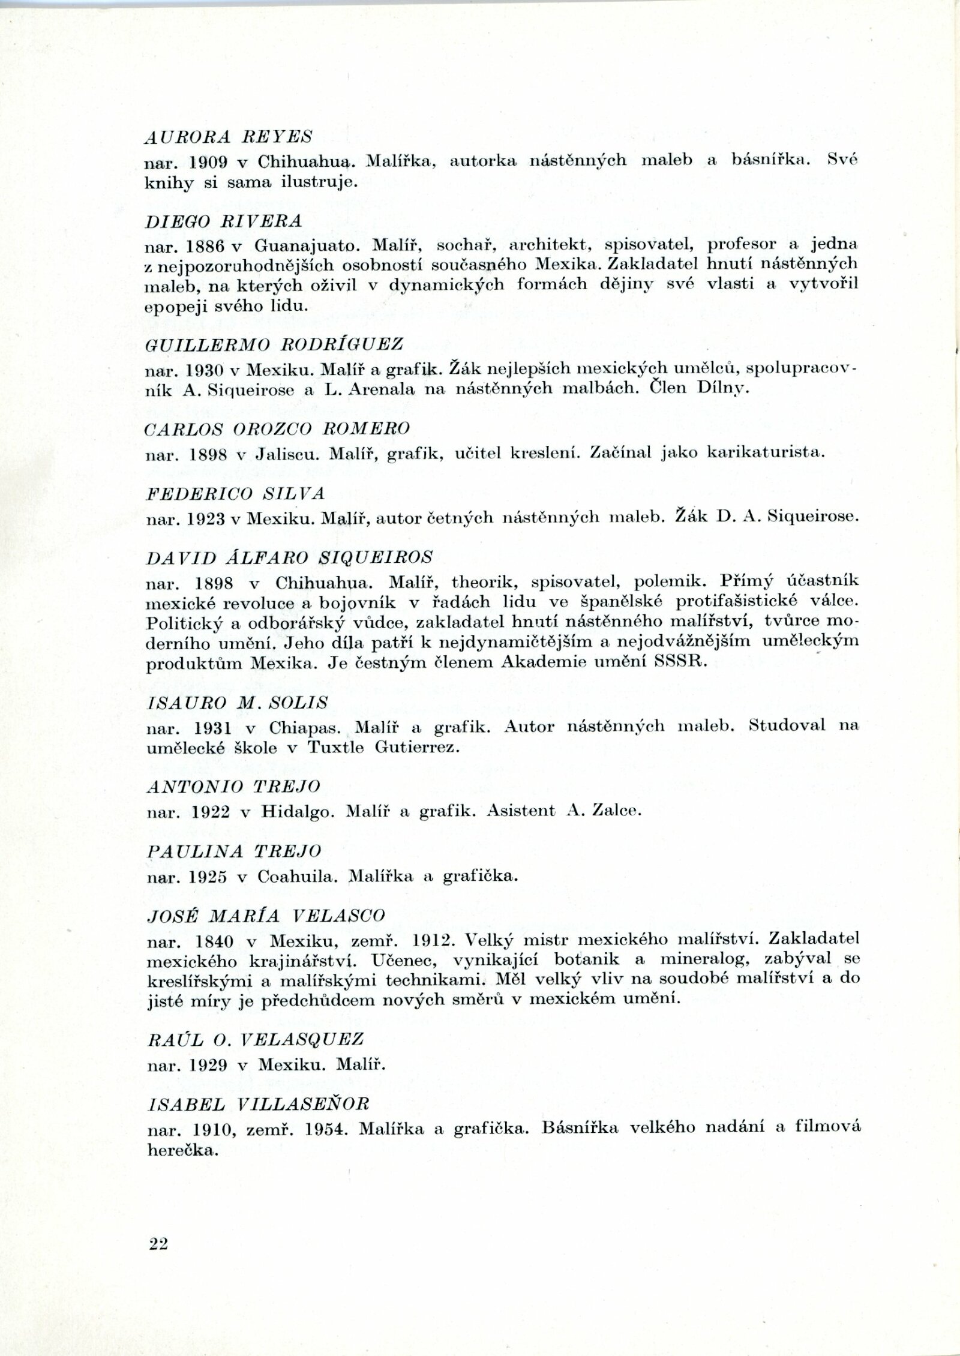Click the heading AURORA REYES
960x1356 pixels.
[229, 137]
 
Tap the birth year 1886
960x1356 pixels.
[207, 245]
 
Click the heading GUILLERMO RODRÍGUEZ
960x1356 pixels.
[275, 344]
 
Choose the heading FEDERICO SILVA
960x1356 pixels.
[235, 494]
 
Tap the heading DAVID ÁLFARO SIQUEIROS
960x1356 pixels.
[289, 558]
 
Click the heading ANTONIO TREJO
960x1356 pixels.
[233, 786]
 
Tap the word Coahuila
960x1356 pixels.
[294, 877]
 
